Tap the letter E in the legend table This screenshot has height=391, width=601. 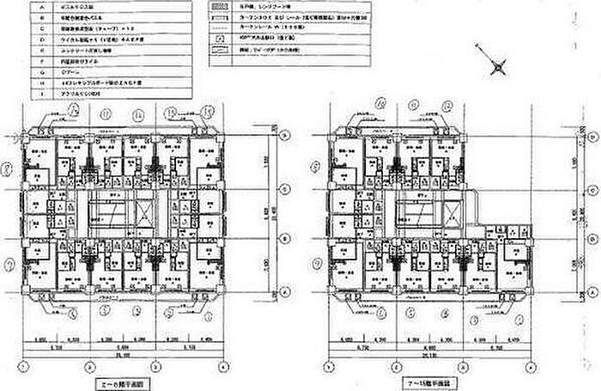[x=41, y=52]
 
